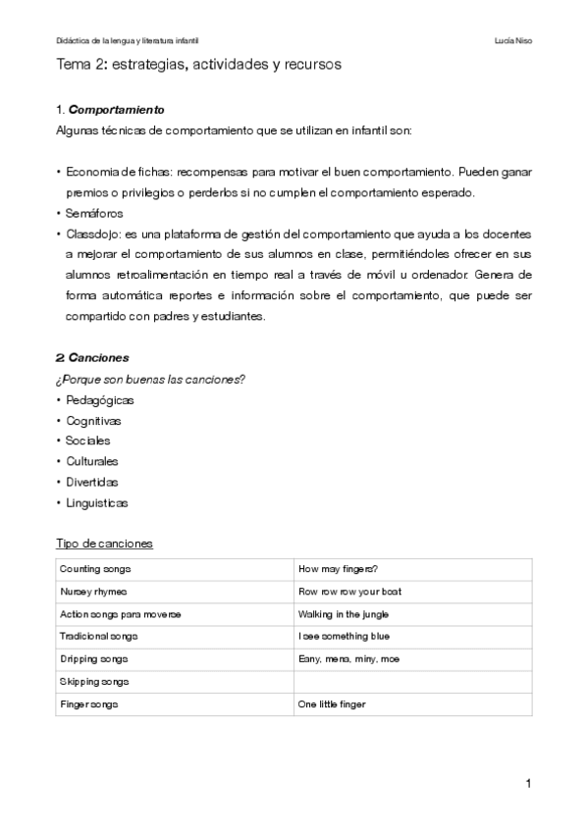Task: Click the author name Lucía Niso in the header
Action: tap(514, 41)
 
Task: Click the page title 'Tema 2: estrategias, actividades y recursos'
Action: tap(199, 65)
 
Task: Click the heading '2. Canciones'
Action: tap(93, 358)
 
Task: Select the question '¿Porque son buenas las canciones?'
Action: tap(149, 380)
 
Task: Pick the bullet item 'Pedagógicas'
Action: tap(99, 400)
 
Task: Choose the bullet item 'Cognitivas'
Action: tap(94, 421)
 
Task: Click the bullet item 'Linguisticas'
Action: tap(96, 503)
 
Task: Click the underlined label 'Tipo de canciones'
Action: tap(103, 544)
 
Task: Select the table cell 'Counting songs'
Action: tap(95, 569)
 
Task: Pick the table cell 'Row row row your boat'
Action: tap(349, 592)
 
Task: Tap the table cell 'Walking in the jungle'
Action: tap(344, 614)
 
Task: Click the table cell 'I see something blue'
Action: tap(344, 637)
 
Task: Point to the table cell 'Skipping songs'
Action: tap(95, 682)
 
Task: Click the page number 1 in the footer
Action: tap(528, 783)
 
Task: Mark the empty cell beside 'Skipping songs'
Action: tap(412, 682)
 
